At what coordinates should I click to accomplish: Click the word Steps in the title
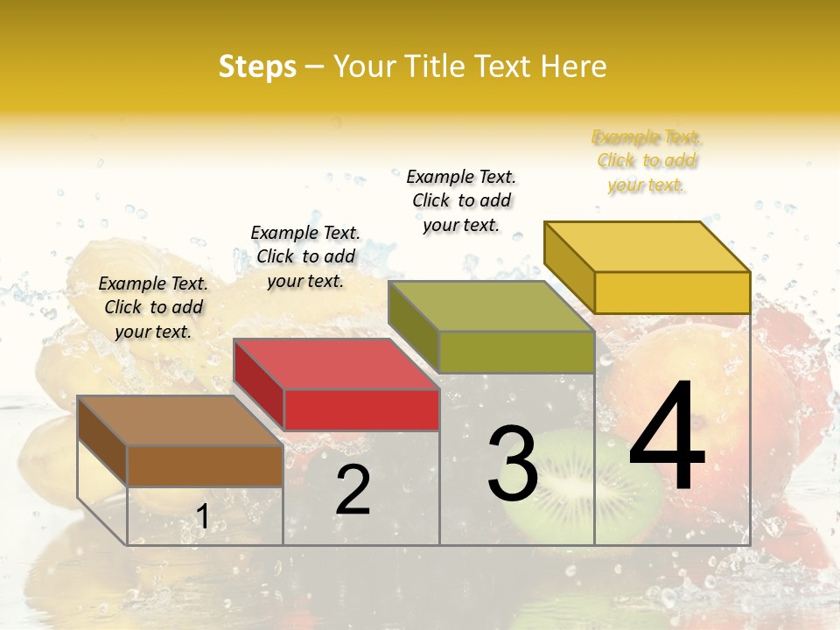click(257, 66)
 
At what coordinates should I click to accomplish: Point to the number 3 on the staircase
click(512, 464)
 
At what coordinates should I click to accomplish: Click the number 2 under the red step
click(353, 490)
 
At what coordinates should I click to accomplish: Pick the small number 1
click(202, 517)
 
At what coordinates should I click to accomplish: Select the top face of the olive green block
click(490, 306)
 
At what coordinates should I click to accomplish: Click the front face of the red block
click(361, 410)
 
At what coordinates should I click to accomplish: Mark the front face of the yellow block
click(672, 292)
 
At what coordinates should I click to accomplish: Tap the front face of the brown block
click(206, 466)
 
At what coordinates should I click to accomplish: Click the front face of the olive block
click(516, 352)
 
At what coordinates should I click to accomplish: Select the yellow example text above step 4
click(647, 161)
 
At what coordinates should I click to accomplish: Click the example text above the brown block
click(153, 307)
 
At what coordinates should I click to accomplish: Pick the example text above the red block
click(305, 256)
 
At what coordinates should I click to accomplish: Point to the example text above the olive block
click(461, 200)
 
